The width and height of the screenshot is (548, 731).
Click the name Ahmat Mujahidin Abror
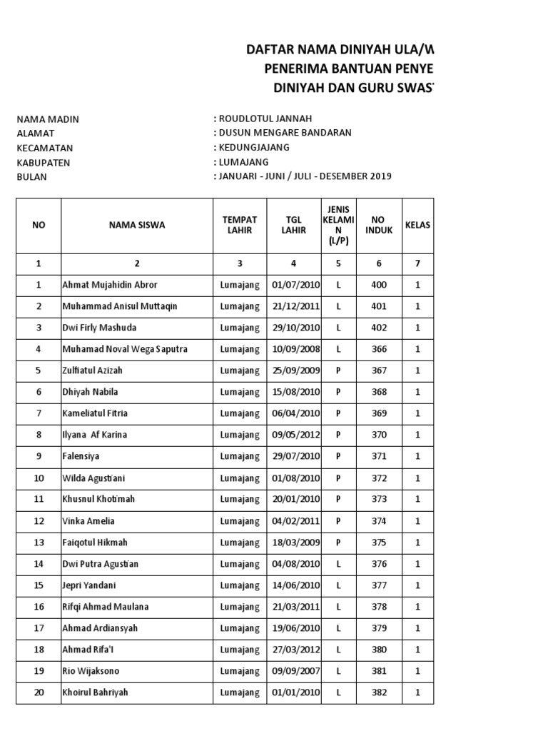tap(110, 285)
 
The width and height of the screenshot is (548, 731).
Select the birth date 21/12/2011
tap(294, 306)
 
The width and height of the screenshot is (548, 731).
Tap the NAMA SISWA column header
tap(137, 225)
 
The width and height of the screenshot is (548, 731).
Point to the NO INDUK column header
tap(379, 225)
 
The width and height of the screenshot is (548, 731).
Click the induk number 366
tap(379, 349)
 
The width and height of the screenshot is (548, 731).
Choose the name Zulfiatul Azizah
tap(98, 370)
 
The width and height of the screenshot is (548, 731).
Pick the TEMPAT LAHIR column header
tap(239, 225)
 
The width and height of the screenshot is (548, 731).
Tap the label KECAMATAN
tap(45, 148)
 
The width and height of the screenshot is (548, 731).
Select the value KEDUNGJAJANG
tap(253, 148)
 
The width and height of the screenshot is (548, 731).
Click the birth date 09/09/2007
tap(294, 671)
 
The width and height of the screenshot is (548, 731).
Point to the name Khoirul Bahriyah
tap(96, 692)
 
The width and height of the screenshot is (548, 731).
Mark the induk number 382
tap(379, 692)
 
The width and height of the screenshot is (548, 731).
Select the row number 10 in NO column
tap(39, 478)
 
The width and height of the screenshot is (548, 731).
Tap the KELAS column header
tap(417, 225)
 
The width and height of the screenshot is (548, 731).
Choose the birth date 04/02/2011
tap(294, 521)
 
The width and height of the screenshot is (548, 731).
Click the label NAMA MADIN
tap(48, 119)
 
